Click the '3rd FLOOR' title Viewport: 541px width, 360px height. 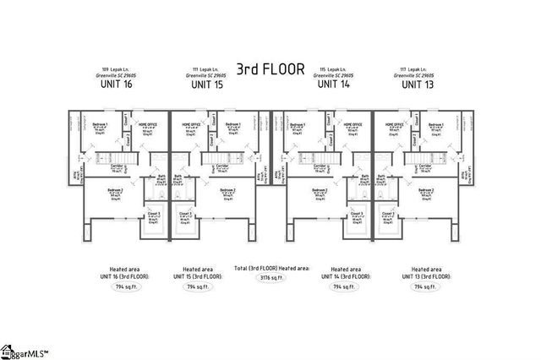point(270,69)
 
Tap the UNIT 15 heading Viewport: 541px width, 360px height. point(207,85)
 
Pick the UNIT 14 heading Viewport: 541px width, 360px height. point(333,85)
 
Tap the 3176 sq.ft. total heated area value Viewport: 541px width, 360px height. point(270,276)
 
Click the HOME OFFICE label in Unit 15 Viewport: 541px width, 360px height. point(194,124)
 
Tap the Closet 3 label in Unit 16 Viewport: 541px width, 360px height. point(155,214)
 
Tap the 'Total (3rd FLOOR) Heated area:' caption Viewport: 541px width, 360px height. point(270,267)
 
